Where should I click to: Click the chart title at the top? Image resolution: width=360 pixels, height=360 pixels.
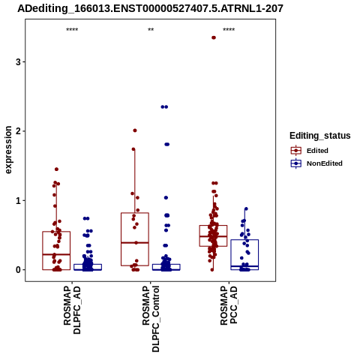click(x=150, y=9)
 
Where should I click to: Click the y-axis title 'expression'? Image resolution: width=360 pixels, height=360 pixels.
click(x=8, y=150)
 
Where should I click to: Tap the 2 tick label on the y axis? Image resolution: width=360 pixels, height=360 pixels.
click(x=18, y=131)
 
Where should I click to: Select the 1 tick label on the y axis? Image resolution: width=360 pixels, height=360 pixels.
click(x=18, y=200)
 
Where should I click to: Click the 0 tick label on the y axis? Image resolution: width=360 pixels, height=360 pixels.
click(x=18, y=270)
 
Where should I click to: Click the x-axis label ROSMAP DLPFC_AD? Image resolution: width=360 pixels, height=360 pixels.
click(x=72, y=310)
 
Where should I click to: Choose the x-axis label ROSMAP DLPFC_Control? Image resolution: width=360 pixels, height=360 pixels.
click(x=151, y=319)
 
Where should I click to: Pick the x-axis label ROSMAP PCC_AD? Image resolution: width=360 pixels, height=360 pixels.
click(x=229, y=305)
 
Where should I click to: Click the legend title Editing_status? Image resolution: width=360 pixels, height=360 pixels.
click(x=320, y=136)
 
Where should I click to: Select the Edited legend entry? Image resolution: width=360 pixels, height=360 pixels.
click(x=310, y=151)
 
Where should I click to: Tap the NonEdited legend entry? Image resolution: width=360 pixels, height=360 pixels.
click(x=316, y=163)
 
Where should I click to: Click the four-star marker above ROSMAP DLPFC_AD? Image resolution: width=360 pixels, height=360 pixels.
click(x=72, y=30)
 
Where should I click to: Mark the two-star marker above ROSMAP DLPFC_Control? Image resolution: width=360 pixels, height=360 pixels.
click(x=151, y=30)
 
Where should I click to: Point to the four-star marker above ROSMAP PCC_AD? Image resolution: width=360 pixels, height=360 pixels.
click(x=229, y=30)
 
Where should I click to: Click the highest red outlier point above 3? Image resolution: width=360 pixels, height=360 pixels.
click(x=214, y=37)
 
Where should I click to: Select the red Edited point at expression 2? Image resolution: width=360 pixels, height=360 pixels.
click(x=135, y=130)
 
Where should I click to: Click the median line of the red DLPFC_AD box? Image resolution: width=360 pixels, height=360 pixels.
click(x=56, y=254)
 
